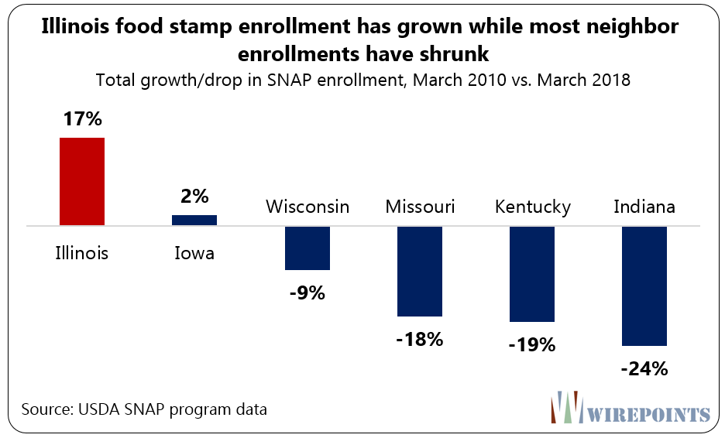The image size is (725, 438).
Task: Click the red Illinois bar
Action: [x=81, y=182]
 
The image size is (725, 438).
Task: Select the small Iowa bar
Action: [x=194, y=221]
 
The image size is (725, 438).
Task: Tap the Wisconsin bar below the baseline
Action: [x=308, y=248]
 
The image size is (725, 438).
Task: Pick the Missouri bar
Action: [x=419, y=271]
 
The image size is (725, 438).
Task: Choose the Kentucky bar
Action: [x=532, y=273]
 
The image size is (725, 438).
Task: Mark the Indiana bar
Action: [x=644, y=286]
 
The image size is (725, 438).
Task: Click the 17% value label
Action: [x=81, y=121]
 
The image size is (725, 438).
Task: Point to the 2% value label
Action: [x=194, y=197]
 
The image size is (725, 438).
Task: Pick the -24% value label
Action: [x=644, y=368]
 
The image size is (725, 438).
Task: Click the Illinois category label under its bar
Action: [x=81, y=253]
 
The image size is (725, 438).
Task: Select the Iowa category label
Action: [x=194, y=253]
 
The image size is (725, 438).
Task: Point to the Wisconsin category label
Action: [x=308, y=207]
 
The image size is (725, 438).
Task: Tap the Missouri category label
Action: [x=420, y=207]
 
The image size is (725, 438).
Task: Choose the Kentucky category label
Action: [x=532, y=207]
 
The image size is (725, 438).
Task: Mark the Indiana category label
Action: [x=644, y=207]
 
